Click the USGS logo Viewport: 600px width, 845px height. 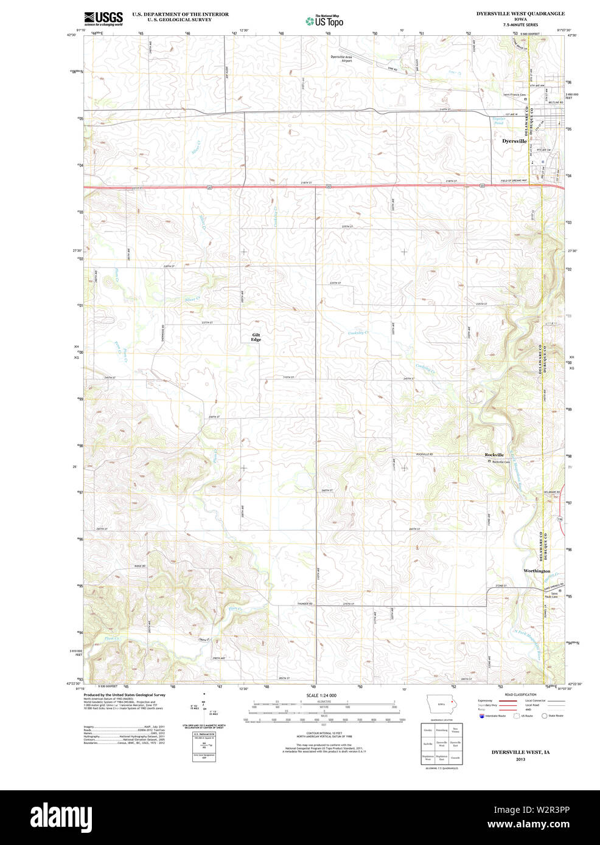tap(103, 18)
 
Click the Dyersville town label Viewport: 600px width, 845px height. tap(514, 141)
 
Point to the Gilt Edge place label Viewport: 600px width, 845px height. tap(256, 337)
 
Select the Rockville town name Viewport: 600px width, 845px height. tap(494, 455)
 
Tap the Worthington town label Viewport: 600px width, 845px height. tap(537, 571)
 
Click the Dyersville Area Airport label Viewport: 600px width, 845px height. tap(341, 59)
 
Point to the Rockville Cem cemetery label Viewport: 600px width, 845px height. tap(501, 461)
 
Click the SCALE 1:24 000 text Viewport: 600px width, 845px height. tap(321, 695)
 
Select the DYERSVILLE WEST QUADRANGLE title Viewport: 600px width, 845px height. tap(520, 13)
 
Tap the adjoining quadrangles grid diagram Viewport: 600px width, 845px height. tap(442, 743)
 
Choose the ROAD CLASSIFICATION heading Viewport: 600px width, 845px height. tap(520, 694)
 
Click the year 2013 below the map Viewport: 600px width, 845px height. tap(520, 759)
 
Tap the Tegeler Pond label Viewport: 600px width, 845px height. tap(498, 121)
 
